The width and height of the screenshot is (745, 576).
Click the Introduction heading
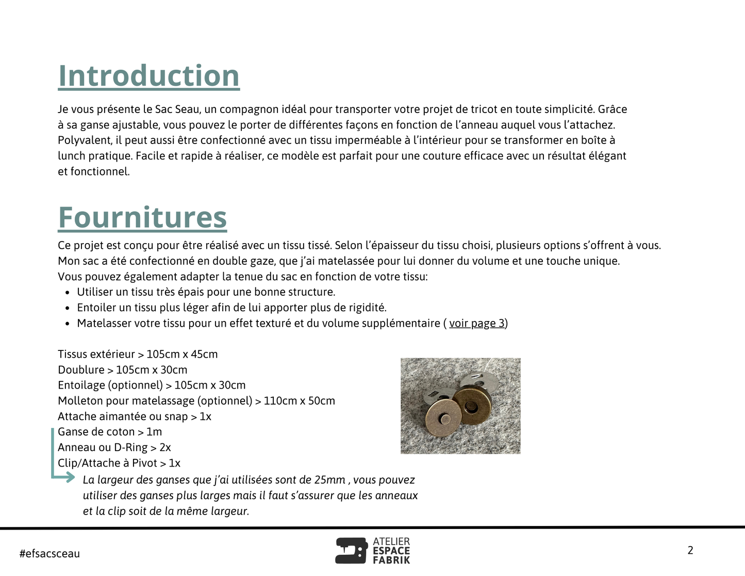click(148, 76)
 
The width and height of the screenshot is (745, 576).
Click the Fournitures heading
click(142, 217)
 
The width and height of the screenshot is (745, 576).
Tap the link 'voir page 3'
click(476, 323)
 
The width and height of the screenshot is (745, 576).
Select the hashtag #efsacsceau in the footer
click(49, 554)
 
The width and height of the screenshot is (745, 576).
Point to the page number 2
click(690, 550)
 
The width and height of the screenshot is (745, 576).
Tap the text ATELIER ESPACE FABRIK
click(391, 551)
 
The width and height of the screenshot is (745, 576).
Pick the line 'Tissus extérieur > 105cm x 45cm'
click(138, 354)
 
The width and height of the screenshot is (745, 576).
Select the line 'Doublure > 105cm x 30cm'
click(122, 370)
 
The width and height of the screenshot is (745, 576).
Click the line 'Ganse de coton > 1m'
click(110, 432)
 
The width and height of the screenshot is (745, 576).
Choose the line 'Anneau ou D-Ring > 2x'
click(114, 447)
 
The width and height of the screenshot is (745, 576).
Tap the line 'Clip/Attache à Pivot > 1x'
click(119, 463)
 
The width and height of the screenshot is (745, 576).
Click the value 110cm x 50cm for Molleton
click(299, 401)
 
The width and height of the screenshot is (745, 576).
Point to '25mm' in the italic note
click(329, 480)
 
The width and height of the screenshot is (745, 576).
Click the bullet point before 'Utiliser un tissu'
click(68, 293)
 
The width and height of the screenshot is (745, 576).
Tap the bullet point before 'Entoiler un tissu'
click(68, 308)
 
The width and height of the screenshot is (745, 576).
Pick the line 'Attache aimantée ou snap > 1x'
click(134, 417)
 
